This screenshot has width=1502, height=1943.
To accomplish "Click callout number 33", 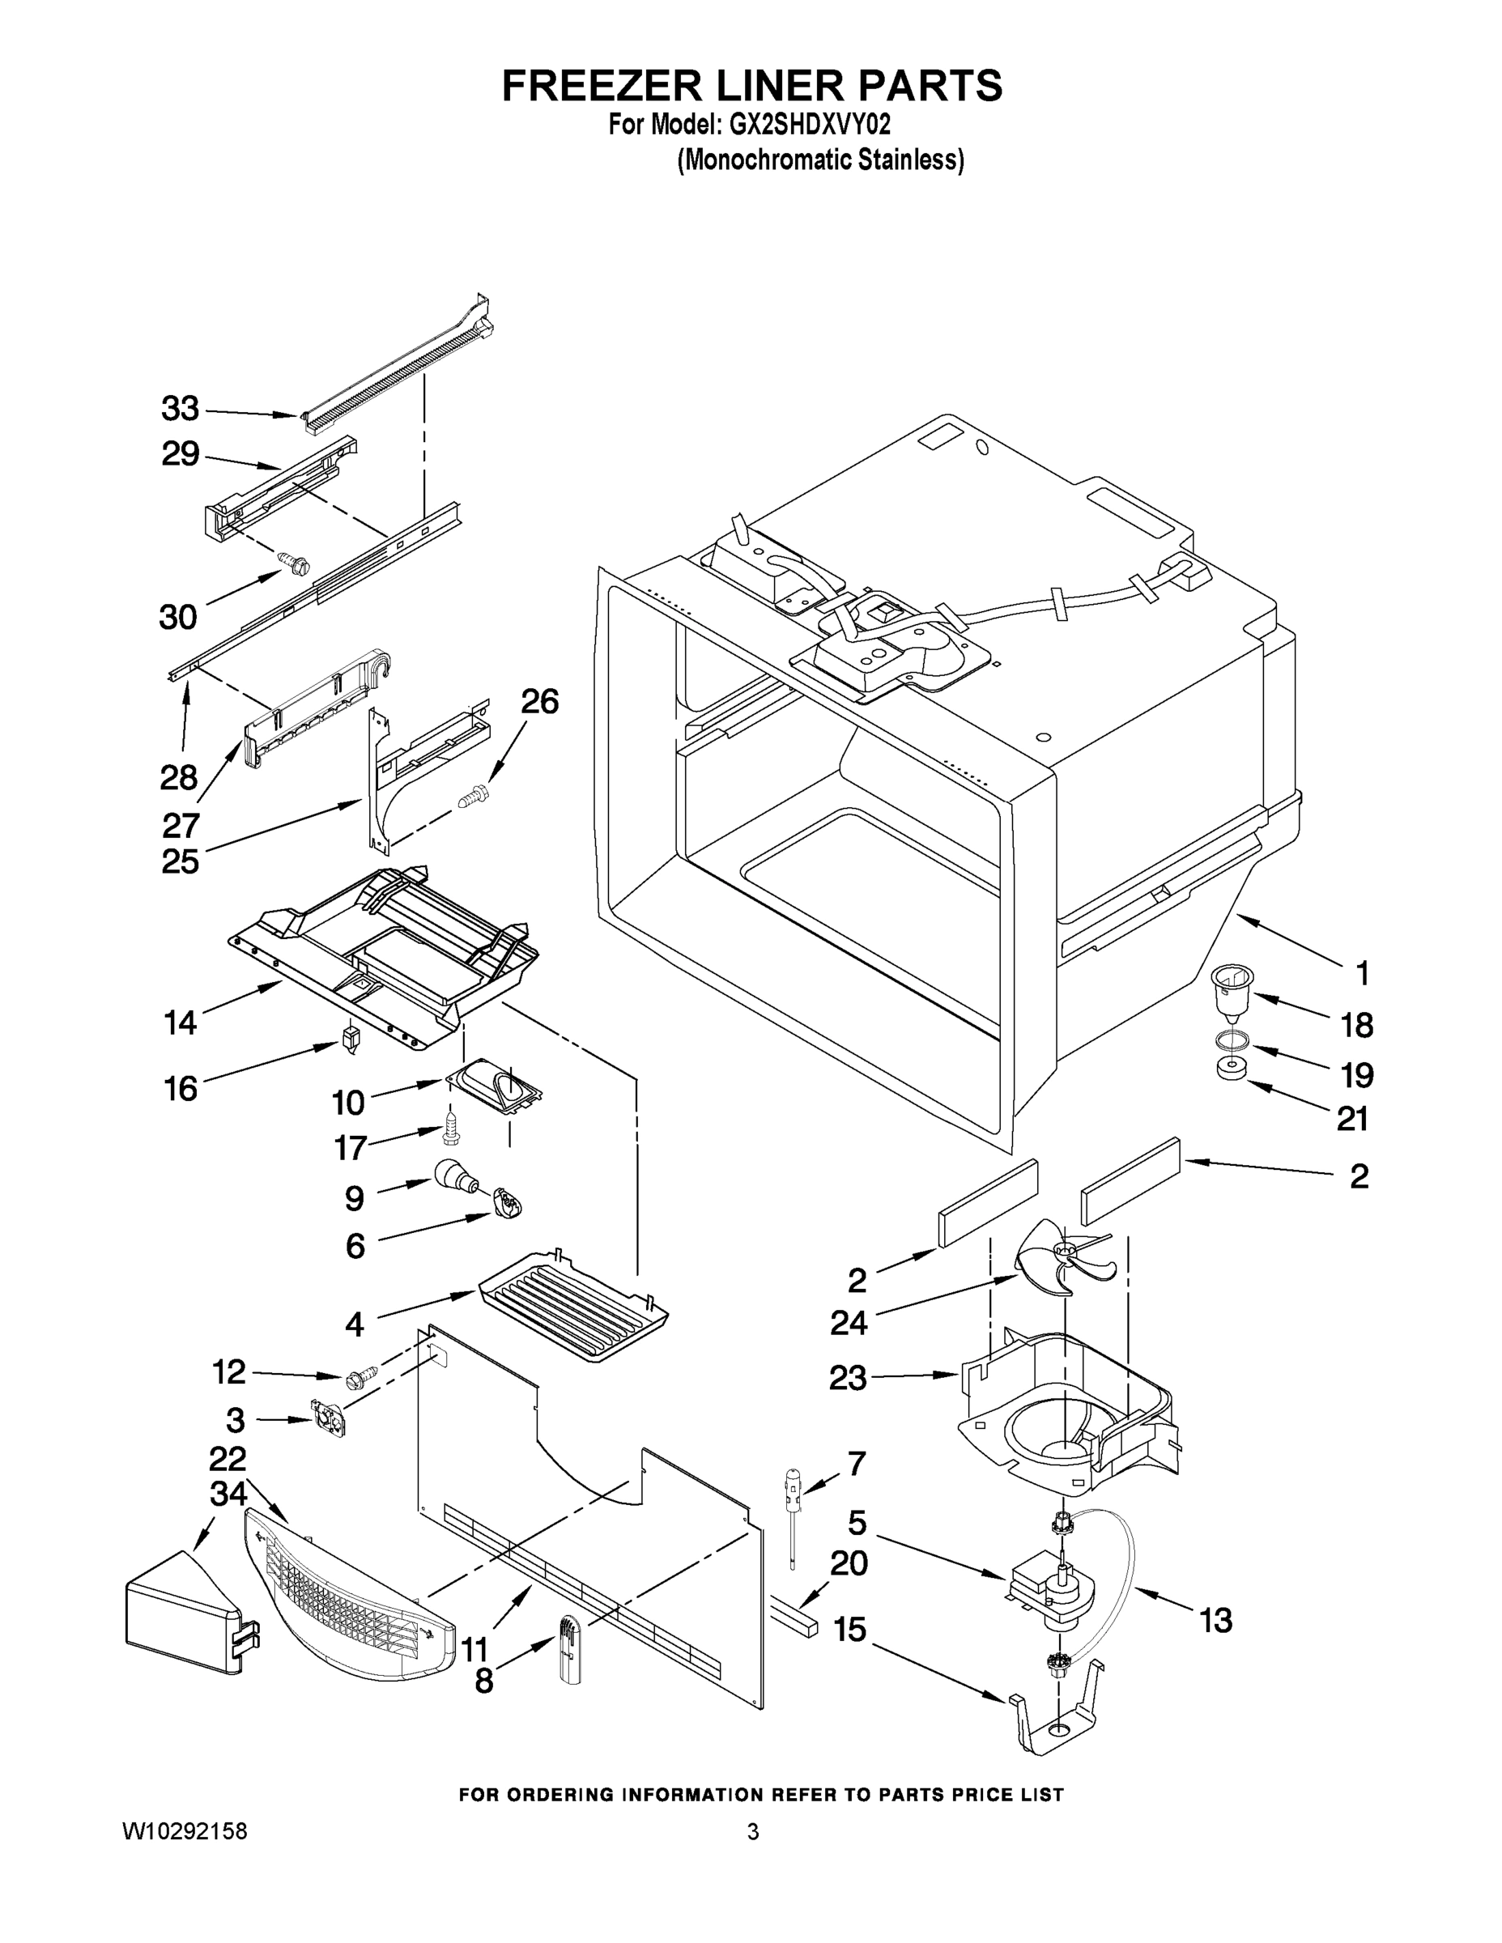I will [x=180, y=409].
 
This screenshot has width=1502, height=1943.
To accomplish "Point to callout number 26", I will [x=539, y=702].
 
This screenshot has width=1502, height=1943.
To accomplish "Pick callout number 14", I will [x=180, y=1023].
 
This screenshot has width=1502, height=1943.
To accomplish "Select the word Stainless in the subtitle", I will [x=914, y=160].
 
